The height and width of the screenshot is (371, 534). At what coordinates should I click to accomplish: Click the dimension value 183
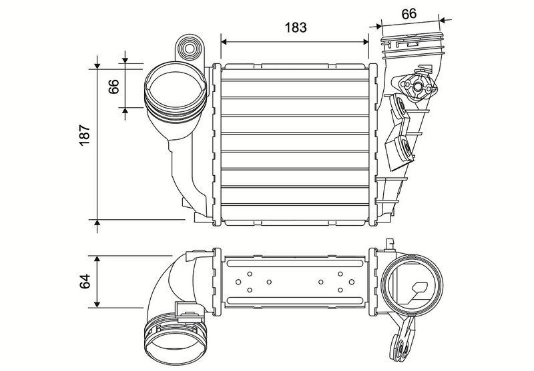[295, 27]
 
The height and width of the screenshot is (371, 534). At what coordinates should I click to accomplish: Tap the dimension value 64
[84, 282]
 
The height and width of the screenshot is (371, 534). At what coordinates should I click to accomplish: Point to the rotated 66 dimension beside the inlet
[113, 87]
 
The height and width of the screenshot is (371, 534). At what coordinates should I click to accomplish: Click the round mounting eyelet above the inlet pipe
[189, 49]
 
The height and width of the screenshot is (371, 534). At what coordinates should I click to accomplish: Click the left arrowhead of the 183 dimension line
[224, 41]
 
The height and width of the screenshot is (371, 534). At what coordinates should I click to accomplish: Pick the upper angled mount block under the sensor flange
[400, 109]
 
